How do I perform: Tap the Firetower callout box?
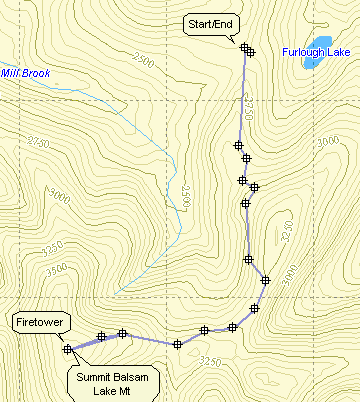[38, 323]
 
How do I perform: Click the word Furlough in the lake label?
[297, 51]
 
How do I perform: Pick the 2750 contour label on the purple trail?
[248, 108]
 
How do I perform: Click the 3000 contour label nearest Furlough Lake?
[327, 143]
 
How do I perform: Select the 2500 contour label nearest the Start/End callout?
[142, 62]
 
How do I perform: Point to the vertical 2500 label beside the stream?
[186, 197]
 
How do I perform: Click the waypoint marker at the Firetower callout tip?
[67, 349]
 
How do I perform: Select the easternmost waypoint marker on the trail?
[265, 280]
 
